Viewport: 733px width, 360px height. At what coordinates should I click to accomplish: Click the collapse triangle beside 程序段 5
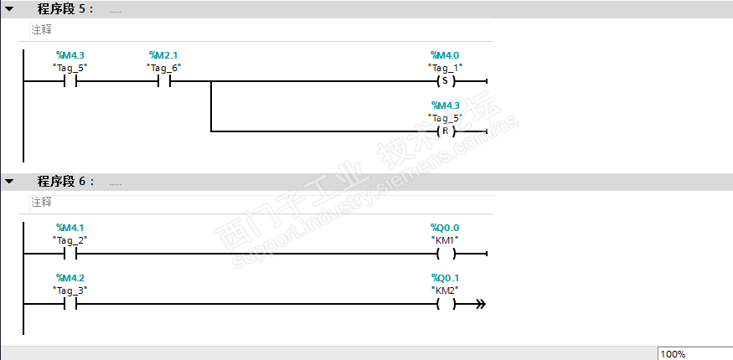click(9, 8)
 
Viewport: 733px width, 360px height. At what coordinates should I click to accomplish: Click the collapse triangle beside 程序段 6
click(9, 181)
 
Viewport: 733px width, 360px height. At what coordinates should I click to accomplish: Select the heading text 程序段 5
click(65, 8)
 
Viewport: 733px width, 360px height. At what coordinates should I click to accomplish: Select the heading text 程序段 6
click(65, 181)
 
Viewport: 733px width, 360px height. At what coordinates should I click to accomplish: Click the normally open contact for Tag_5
click(70, 82)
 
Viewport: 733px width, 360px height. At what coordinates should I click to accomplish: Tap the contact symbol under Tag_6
click(163, 82)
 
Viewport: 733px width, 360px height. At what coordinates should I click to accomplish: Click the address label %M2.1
click(163, 55)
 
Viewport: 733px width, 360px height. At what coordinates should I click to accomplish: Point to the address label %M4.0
click(444, 55)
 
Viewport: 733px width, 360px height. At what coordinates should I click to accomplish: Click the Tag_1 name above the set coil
click(445, 67)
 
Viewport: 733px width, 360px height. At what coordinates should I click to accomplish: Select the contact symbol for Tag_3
click(70, 304)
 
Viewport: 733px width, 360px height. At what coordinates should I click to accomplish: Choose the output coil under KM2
click(445, 304)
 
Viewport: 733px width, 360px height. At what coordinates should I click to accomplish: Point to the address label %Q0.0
click(444, 228)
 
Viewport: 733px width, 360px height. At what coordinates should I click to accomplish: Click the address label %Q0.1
click(444, 278)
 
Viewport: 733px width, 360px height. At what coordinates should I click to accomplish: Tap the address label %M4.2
click(70, 278)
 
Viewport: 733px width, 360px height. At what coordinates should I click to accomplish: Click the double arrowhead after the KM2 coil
click(480, 304)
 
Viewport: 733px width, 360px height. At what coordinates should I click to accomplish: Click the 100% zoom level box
click(694, 354)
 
